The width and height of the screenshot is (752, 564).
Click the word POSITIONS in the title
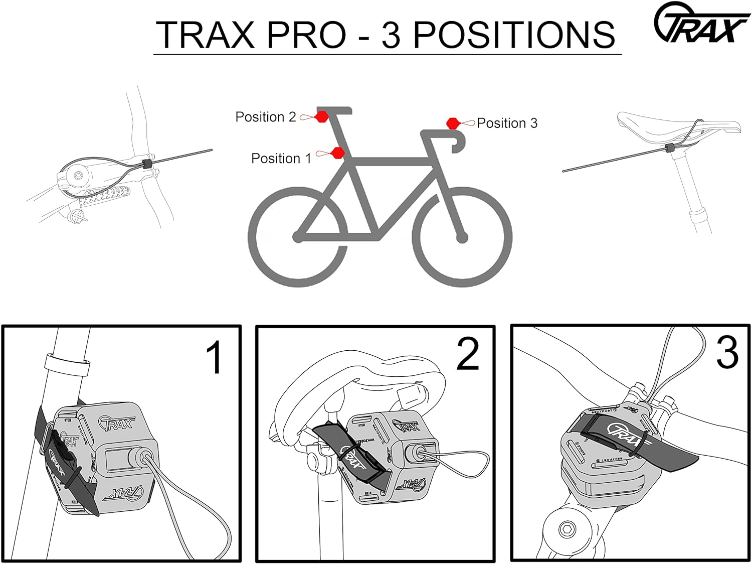pos(513,35)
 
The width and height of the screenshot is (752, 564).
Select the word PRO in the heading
pos(306,35)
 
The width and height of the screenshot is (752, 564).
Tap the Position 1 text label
pos(281,159)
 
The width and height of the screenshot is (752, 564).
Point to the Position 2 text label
pos(266,117)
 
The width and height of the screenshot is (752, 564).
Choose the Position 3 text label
pos(507,123)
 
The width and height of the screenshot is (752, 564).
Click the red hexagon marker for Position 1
pos(338,153)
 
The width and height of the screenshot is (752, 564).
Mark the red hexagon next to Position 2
pos(322,117)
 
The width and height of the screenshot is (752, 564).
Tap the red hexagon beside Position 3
pos(453,123)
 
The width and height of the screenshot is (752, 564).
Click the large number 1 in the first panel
pos(215,358)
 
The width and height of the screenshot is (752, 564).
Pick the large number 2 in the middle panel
pos(468,354)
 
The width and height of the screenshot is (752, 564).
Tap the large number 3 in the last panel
pos(727,352)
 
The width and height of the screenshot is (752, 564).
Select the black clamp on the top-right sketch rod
pos(669,148)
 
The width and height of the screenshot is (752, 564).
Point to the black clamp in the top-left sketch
pos(147,164)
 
